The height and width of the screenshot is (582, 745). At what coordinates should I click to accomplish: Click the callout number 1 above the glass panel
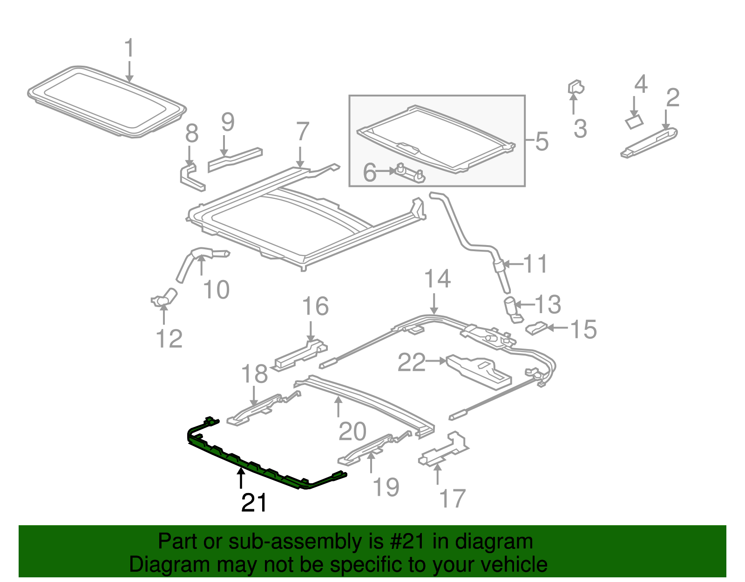pos(129,49)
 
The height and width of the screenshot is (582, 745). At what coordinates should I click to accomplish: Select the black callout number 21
pos(254,503)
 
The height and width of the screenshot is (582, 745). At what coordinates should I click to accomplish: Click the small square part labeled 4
pos(633,122)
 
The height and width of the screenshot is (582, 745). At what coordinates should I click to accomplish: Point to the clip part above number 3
pos(576,87)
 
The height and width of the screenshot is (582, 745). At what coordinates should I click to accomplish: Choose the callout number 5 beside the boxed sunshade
pos(542,142)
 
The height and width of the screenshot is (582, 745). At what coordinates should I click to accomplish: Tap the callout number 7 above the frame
pos(302,132)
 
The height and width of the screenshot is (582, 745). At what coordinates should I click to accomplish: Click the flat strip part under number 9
pos(235,158)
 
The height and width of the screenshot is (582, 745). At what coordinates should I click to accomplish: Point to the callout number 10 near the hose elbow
pos(217,290)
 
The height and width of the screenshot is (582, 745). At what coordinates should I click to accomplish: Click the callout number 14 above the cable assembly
pos(437,279)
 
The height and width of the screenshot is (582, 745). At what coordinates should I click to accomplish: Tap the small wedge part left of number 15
pos(536,329)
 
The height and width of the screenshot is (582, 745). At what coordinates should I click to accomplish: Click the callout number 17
pos(452,499)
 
